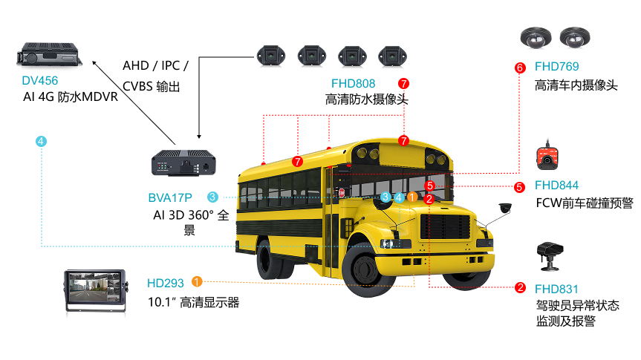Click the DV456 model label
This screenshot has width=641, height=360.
tap(39, 80)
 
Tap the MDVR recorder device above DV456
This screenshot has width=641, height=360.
tap(49, 54)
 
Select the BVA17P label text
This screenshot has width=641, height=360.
tap(169, 197)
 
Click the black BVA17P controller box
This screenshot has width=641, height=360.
tap(183, 163)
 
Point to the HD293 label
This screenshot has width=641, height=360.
tap(165, 283)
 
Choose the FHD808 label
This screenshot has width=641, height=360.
tap(354, 84)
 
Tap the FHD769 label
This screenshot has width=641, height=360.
tap(557, 67)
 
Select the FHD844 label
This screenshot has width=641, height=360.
tap(557, 186)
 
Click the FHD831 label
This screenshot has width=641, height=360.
tap(557, 289)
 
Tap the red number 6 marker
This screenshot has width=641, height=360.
tap(520, 68)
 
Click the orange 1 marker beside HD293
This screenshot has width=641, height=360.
tap(197, 281)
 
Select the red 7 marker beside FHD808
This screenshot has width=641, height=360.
tap(403, 84)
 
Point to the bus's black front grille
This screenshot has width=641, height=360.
tap(446, 226)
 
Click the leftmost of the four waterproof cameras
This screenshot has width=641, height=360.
tap(270, 56)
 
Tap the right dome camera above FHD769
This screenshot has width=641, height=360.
tap(575, 38)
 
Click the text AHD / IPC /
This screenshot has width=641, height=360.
tap(155, 66)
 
